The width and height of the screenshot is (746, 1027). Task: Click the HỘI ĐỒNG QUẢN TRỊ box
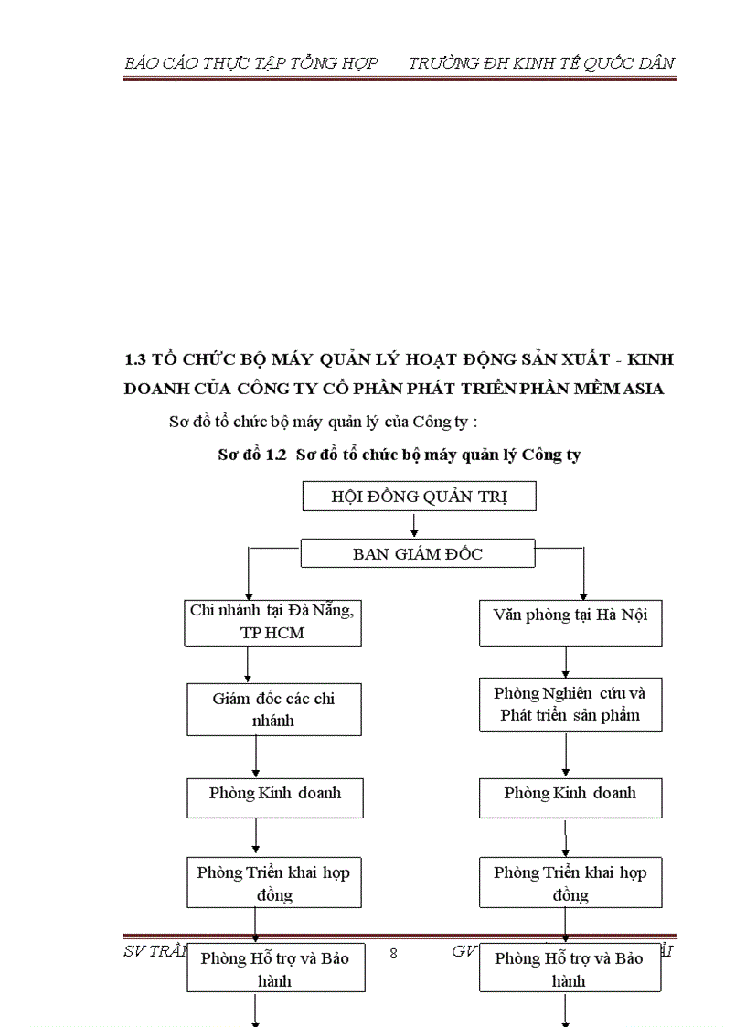point(419,497)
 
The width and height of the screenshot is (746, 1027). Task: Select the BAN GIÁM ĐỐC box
point(418,553)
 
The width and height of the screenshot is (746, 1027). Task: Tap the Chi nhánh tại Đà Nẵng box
point(272,622)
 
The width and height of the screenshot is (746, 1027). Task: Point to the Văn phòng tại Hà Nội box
point(570,622)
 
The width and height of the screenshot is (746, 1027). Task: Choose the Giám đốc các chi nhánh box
point(273,709)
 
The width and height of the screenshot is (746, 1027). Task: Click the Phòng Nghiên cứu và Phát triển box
point(570,704)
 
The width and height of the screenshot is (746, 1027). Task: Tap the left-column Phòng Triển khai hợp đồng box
point(273,883)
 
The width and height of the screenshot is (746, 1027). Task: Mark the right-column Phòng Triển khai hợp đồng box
point(570,883)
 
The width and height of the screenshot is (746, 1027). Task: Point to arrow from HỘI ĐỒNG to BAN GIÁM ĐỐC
point(414,524)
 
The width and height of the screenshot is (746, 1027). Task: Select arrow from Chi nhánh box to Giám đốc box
point(248,664)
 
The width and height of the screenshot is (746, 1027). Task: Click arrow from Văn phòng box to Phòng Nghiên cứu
point(567,661)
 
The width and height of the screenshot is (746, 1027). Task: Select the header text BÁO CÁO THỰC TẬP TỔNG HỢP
point(250,62)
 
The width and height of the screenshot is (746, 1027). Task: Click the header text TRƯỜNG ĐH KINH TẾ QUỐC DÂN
point(541,62)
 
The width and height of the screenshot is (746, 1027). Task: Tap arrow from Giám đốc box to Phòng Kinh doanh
point(256,756)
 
